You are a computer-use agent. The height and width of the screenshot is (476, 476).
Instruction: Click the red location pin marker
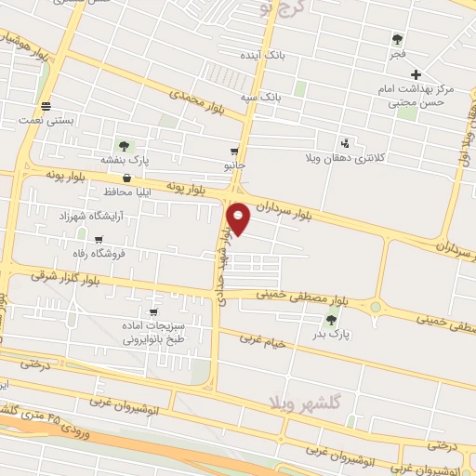point(238,217)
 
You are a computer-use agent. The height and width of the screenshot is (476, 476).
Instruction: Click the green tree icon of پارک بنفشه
point(122,145)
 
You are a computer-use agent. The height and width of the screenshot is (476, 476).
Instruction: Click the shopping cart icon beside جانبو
point(235,151)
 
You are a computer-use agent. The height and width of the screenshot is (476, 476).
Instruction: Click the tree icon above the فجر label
point(398,39)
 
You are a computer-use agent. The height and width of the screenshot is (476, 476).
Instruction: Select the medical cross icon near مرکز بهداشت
point(416,73)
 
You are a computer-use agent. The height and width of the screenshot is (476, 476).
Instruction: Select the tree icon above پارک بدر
point(332,320)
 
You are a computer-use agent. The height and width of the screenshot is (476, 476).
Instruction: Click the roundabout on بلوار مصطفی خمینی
point(377,305)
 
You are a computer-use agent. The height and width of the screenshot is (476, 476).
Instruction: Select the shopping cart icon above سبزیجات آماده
point(153,312)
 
